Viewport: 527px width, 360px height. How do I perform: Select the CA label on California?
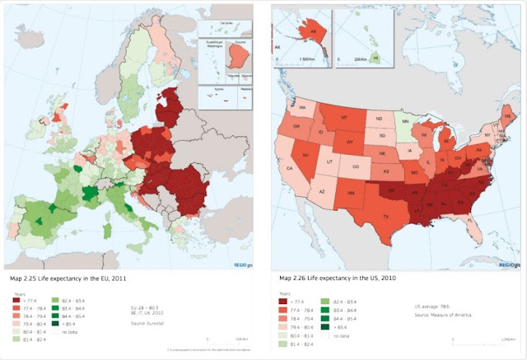(x=290, y=170)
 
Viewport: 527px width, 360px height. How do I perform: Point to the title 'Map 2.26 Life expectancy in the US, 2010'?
(x=337, y=278)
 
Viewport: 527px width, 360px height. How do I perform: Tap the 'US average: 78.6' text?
(x=432, y=306)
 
